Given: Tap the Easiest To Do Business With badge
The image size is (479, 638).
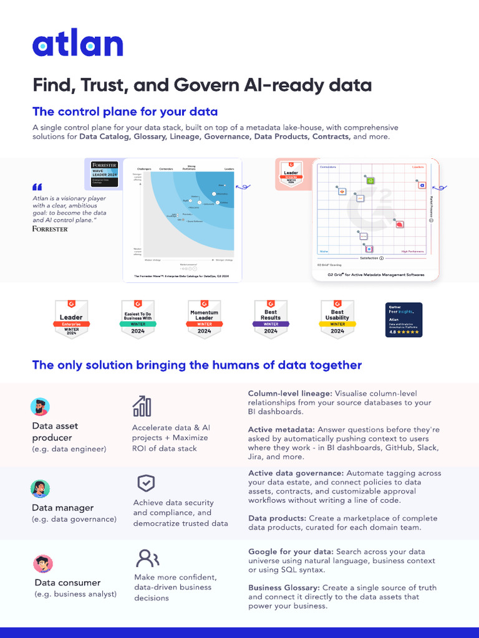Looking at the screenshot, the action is pos(138,318).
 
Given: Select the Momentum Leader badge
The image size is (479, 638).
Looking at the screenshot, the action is pos(204,318).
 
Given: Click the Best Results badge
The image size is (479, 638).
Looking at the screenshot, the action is pos(271,318).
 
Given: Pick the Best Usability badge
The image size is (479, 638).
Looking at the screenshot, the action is pos(337,318).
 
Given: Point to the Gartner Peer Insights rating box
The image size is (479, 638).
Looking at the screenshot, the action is pos(404,320).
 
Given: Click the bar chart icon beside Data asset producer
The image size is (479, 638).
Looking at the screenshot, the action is pos(142,406).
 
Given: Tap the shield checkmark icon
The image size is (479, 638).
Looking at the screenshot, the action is pos(146,483).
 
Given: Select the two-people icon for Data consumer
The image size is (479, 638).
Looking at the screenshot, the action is pos(148,557).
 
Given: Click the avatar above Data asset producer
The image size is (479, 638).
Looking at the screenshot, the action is pos(40,407).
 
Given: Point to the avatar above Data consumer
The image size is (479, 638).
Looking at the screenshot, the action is pos(43,564).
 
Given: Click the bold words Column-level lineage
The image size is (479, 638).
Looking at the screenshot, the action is pos(290,394).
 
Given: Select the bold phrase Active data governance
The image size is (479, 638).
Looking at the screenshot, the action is pos(296,474).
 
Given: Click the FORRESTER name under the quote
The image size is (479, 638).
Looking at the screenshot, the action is pos(50,229).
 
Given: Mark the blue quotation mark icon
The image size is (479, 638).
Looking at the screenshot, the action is pos(37,186).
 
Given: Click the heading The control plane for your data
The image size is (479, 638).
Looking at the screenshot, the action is pos(125,112).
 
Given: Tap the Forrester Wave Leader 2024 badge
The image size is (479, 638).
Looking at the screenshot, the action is pos(105,173).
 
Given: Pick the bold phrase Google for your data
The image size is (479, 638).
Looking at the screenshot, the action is pos(291,552).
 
